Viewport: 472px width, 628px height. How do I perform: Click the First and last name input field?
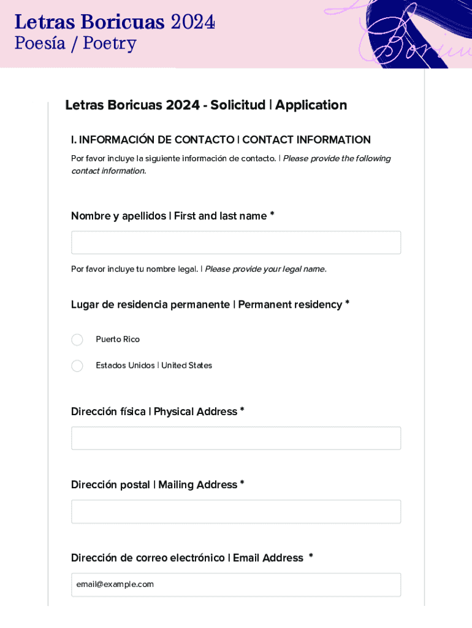(x=236, y=242)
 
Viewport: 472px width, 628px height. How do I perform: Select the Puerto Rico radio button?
(x=77, y=340)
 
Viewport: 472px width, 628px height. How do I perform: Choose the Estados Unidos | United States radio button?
(x=77, y=366)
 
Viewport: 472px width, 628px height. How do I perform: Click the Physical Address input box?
(x=236, y=438)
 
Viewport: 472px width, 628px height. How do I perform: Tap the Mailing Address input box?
(x=236, y=511)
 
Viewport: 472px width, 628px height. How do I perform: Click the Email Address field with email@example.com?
(x=236, y=584)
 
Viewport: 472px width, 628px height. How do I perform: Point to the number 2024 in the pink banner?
(x=192, y=22)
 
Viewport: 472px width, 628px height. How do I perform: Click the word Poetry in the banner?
(x=110, y=44)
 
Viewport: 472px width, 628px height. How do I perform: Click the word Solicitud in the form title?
(x=238, y=105)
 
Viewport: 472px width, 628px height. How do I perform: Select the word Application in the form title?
(x=311, y=105)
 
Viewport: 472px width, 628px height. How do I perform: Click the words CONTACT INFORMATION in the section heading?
(x=306, y=140)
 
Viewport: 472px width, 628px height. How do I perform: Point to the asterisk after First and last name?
(x=272, y=215)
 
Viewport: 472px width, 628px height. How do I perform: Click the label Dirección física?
(x=108, y=412)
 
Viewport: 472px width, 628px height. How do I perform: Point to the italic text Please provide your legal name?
(x=265, y=269)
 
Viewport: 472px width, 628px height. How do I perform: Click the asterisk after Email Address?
(x=311, y=557)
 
